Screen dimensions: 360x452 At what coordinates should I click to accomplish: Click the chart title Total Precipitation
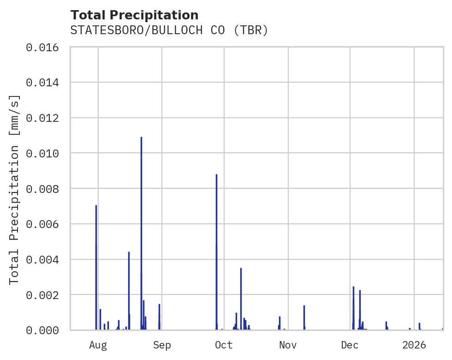[134, 15]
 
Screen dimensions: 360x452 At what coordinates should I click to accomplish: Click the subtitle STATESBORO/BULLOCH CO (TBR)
[169, 30]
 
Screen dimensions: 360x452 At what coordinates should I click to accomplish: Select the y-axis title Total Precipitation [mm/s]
[15, 189]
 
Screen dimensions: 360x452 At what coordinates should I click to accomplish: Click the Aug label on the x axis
[98, 345]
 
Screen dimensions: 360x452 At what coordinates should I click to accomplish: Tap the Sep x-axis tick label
[162, 345]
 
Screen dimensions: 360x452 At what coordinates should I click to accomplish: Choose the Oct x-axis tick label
[224, 345]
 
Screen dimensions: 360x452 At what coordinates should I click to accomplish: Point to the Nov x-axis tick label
[288, 345]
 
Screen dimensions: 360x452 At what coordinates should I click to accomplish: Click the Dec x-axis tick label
[350, 345]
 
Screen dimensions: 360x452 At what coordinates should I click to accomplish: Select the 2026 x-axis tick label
[414, 345]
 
